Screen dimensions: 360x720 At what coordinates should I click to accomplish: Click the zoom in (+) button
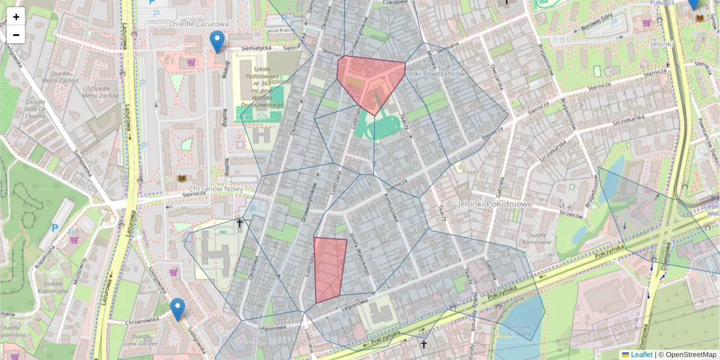16,17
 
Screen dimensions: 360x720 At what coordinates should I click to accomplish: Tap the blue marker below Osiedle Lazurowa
217,41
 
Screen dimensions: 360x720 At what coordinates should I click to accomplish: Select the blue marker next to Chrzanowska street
177,309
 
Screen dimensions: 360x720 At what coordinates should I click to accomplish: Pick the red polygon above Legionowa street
329,269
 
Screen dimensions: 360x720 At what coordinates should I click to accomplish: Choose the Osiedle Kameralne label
538,238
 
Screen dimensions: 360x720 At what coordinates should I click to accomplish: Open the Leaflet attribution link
641,355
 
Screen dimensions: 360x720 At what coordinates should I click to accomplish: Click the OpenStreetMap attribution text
690,355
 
